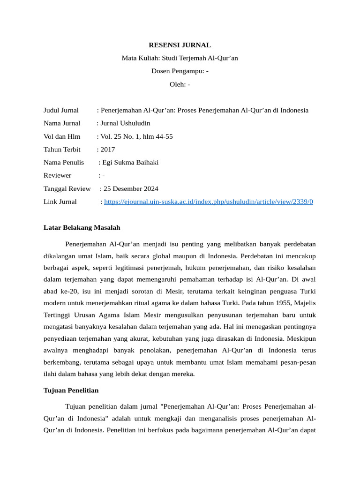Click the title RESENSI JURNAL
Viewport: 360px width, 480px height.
[180, 45]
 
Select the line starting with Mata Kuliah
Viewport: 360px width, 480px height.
[180, 58]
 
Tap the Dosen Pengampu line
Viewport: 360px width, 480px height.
[180, 71]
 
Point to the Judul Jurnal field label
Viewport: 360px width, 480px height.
[61, 110]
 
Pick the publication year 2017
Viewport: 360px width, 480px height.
[107, 150]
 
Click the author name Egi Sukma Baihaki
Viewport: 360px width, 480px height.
[130, 163]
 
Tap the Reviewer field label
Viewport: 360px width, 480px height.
[57, 175]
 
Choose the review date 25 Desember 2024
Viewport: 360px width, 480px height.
[131, 188]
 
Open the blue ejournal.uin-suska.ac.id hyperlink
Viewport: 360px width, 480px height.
[209, 202]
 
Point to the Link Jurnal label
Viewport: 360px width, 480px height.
[60, 202]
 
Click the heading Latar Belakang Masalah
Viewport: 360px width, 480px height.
[82, 227]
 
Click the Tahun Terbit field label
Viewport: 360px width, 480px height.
[62, 150]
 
